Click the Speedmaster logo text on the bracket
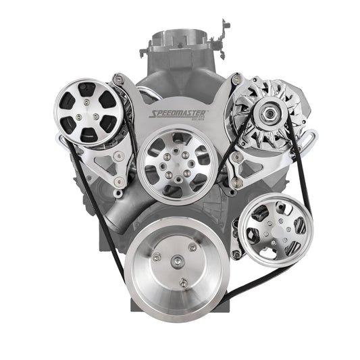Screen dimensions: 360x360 click(x=180, y=115)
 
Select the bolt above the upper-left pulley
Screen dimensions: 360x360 click(x=118, y=81)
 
